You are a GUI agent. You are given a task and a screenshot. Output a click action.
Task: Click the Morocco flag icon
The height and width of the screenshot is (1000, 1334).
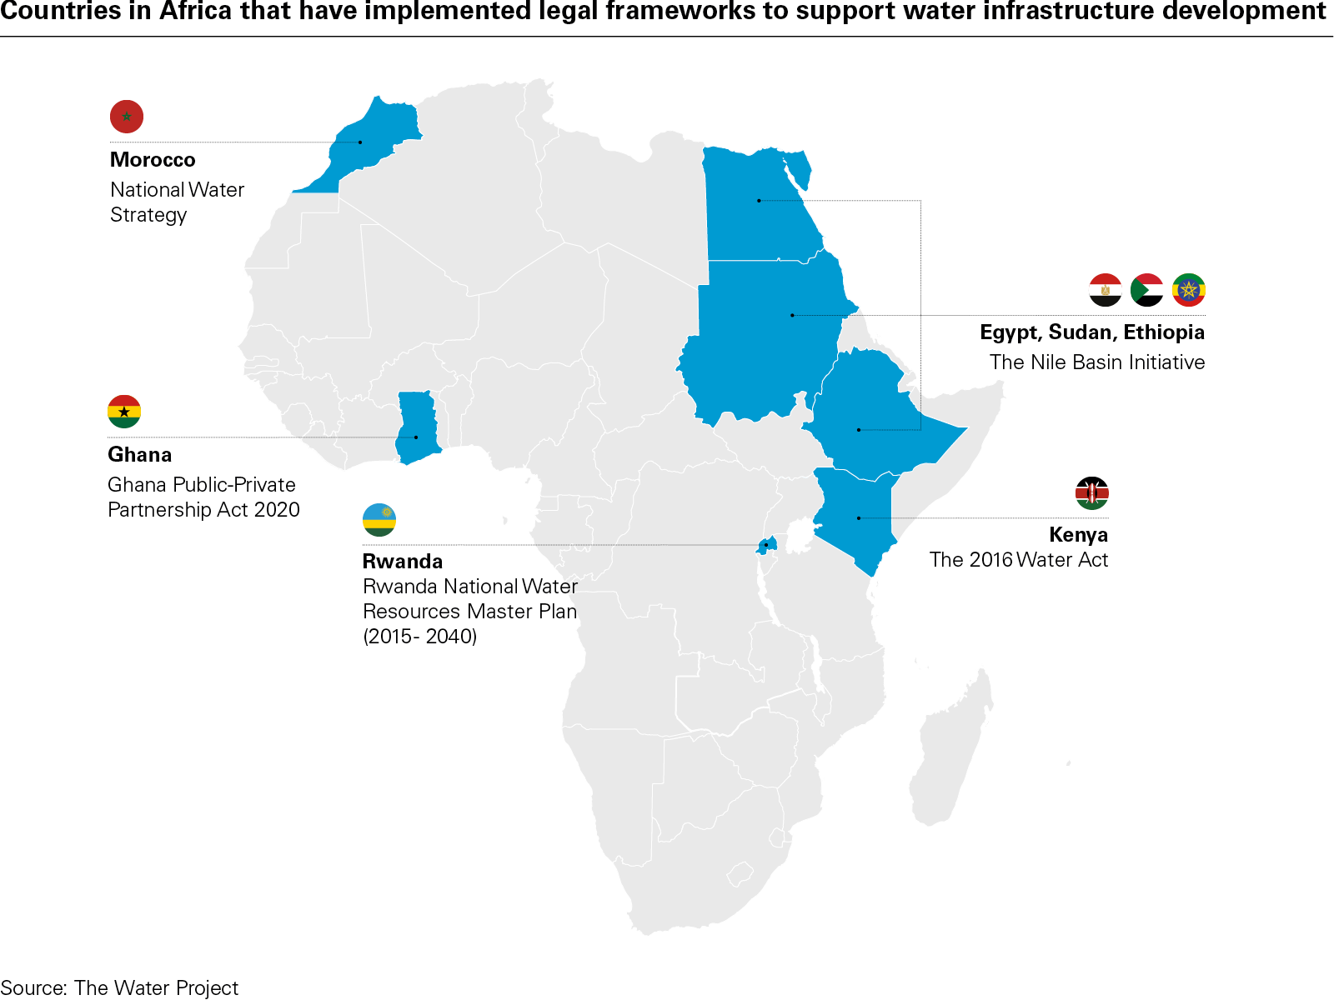pyautogui.click(x=127, y=117)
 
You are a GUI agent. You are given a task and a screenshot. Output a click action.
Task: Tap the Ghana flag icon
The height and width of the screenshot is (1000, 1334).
pyautogui.click(x=124, y=412)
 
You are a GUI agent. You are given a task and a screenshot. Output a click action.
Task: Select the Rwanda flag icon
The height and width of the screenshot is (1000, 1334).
pyautogui.click(x=379, y=520)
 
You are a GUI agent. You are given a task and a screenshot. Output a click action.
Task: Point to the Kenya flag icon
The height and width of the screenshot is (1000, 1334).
pyautogui.click(x=1091, y=493)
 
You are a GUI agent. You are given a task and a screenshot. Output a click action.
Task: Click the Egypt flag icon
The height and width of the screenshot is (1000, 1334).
pyautogui.click(x=1106, y=290)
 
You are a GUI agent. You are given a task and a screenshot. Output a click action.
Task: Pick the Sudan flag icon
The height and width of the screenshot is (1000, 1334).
pyautogui.click(x=1146, y=290)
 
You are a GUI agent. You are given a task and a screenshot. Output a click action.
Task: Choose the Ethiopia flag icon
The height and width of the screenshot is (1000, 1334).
pyautogui.click(x=1188, y=290)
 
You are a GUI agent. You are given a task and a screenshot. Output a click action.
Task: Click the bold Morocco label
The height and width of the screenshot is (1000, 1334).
pyautogui.click(x=153, y=160)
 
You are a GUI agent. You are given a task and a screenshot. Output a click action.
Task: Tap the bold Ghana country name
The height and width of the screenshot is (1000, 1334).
pyautogui.click(x=140, y=455)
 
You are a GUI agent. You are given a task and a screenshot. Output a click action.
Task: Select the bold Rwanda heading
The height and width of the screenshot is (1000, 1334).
pyautogui.click(x=403, y=562)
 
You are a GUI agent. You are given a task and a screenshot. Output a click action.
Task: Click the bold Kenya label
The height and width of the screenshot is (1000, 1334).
pyautogui.click(x=1078, y=535)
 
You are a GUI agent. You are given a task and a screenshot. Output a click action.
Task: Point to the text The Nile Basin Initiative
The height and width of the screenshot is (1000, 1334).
pyautogui.click(x=1097, y=362)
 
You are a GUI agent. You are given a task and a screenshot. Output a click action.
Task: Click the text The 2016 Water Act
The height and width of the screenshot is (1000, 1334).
pyautogui.click(x=1019, y=560)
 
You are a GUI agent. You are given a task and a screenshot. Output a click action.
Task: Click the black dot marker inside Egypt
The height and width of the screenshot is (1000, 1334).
pyautogui.click(x=759, y=201)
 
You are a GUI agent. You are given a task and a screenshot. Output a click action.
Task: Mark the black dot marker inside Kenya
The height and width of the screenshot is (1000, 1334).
pyautogui.click(x=859, y=518)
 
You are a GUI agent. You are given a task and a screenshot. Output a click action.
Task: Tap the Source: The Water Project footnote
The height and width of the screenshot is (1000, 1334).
pyautogui.click(x=119, y=988)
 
